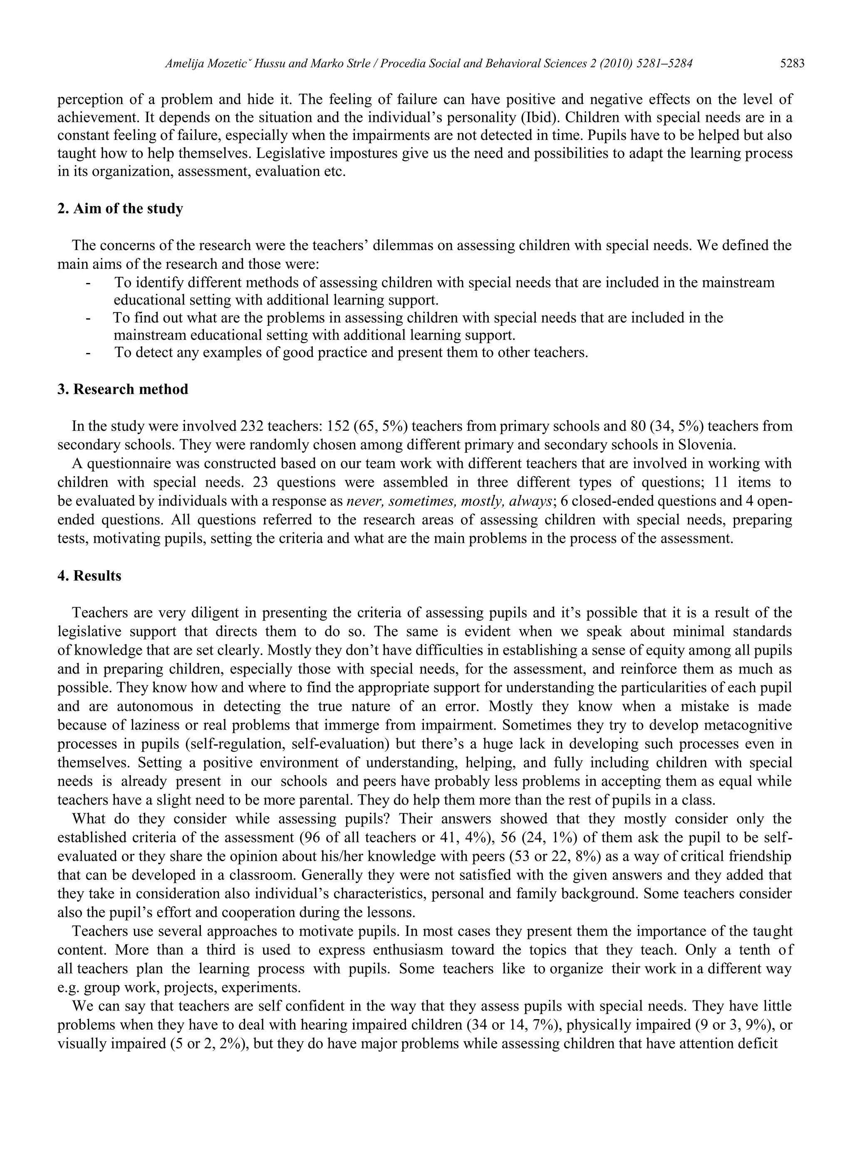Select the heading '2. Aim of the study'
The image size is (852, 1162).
(120, 209)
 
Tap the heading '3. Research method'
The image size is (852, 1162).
(123, 389)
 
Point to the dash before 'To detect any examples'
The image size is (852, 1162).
(89, 353)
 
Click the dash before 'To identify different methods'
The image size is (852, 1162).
(89, 283)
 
